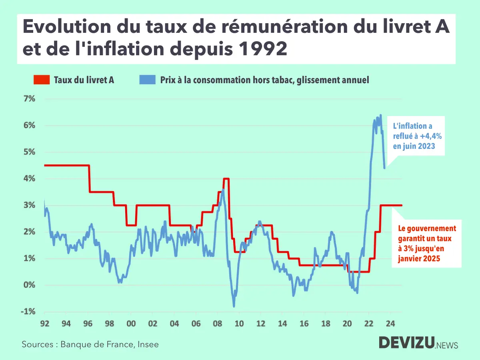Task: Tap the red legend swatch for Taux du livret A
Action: [x=41, y=80]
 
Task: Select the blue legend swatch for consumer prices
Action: [x=147, y=80]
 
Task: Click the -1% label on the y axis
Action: [x=28, y=312]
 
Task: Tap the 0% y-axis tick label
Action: [x=29, y=285]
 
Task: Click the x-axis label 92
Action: [x=45, y=324]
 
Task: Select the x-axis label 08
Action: [x=217, y=324]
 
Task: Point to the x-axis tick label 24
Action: [x=390, y=324]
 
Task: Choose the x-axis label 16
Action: [x=304, y=324]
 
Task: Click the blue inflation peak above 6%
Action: [x=380, y=115]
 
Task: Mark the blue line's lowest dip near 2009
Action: [x=234, y=306]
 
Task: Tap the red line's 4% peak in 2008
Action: [x=226, y=179]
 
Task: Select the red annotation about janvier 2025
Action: [x=427, y=244]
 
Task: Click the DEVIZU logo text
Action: [x=406, y=343]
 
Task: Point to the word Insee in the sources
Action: [x=149, y=344]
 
